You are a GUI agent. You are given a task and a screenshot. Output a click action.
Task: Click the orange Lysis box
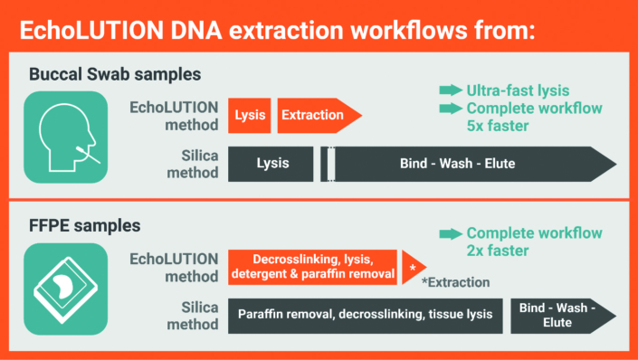[250, 115]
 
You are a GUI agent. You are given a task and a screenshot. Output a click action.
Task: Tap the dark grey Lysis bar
[271, 164]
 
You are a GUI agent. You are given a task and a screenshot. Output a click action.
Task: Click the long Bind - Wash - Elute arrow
[471, 164]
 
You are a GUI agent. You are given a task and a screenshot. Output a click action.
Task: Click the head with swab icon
[62, 137]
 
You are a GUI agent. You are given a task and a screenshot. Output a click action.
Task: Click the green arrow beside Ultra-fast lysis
[450, 90]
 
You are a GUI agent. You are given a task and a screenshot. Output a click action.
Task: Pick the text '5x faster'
[498, 126]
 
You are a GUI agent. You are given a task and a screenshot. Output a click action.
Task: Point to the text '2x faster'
[498, 251]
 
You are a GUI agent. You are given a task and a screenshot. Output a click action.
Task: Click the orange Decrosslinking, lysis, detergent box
[312, 267]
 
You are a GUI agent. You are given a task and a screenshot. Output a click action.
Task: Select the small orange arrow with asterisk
[413, 267]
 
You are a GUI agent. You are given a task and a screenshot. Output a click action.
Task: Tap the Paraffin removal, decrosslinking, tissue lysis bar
[365, 315]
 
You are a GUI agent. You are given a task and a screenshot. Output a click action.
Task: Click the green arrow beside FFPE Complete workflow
[450, 233]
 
